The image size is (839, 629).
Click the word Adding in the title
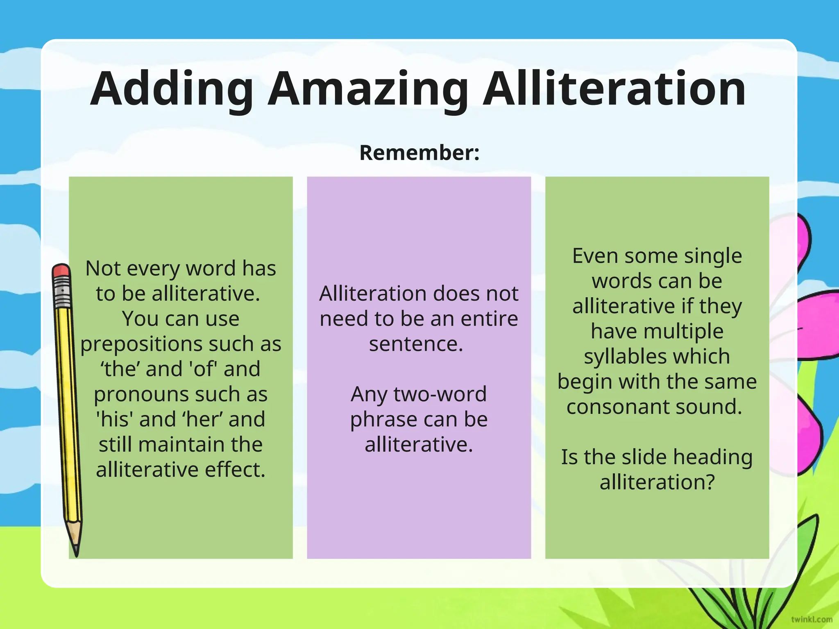pyautogui.click(x=172, y=89)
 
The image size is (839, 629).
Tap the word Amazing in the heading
pyautogui.click(x=368, y=89)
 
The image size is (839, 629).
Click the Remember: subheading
pyautogui.click(x=419, y=153)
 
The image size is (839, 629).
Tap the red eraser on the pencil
pyautogui.click(x=61, y=270)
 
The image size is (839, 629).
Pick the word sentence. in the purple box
pyautogui.click(x=416, y=344)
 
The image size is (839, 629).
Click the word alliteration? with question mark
pyautogui.click(x=657, y=482)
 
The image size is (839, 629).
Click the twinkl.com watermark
pyautogui.click(x=812, y=619)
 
